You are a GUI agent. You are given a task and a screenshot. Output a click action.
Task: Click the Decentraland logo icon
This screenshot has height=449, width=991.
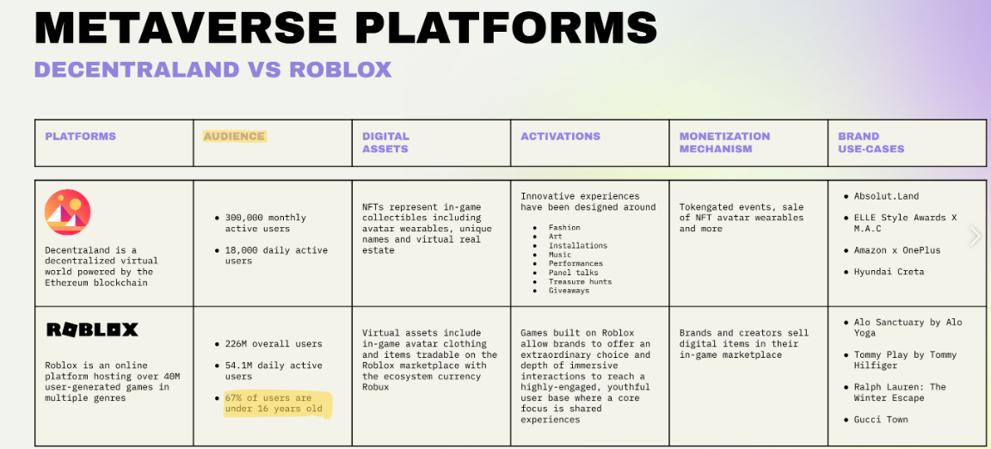tap(68, 212)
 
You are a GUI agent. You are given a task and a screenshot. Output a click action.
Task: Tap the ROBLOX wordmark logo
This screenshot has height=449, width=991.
tap(92, 329)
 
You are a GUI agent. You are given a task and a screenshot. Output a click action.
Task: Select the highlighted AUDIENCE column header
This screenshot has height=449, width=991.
tap(234, 136)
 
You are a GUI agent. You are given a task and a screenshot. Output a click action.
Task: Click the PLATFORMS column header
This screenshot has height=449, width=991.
tap(80, 136)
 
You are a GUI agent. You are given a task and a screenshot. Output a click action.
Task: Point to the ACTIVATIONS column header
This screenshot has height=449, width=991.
tap(560, 136)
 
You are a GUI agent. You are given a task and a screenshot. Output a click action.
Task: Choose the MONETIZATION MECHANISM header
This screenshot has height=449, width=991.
tap(724, 142)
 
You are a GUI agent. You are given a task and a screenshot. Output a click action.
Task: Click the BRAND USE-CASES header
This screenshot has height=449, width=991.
tap(871, 142)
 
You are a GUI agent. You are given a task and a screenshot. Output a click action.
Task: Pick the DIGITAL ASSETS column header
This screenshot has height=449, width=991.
tap(385, 142)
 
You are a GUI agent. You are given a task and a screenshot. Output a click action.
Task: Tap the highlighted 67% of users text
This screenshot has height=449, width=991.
tap(274, 403)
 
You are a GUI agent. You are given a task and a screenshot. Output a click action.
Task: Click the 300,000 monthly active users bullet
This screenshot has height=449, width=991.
tap(265, 223)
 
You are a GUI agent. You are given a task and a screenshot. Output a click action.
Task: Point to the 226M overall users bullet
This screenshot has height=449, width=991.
tap(274, 344)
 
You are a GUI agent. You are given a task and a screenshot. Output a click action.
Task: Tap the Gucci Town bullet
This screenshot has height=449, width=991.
tap(881, 420)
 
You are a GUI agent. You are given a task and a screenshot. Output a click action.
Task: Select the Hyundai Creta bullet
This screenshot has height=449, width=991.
tap(889, 272)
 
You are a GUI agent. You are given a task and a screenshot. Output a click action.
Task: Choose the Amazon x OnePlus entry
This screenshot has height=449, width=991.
tap(897, 250)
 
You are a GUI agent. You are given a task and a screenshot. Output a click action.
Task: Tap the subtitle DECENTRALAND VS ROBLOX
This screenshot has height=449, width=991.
tap(212, 70)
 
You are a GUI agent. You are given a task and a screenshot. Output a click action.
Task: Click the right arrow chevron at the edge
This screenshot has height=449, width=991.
tap(975, 236)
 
